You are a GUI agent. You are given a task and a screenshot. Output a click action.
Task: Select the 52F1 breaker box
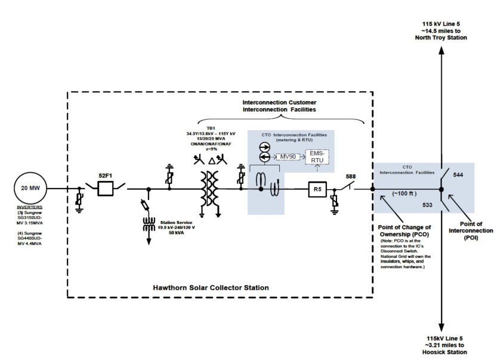coord(105,189)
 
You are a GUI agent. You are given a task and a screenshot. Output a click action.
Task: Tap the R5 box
coord(317,189)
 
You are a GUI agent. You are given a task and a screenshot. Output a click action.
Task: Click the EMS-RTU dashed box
coord(317,157)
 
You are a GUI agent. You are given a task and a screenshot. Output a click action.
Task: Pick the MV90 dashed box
coord(288,156)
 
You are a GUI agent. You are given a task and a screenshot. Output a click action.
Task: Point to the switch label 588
coord(351,176)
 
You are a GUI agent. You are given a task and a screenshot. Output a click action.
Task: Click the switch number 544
coord(458,175)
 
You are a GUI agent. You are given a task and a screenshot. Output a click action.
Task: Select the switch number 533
coord(427,205)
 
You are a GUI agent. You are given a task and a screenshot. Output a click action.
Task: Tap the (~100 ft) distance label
coord(405,193)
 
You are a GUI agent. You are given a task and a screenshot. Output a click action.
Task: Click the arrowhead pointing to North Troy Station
coord(442,50)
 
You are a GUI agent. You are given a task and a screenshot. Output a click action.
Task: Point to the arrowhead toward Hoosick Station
coord(442,328)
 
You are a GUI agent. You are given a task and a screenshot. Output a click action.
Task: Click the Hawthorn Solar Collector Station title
coord(211,288)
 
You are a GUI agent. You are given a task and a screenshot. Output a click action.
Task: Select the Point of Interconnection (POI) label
coord(471,230)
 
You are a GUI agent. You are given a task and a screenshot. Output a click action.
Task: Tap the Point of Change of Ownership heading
coord(405,231)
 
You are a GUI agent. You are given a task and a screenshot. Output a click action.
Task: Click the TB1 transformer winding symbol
coord(209,189)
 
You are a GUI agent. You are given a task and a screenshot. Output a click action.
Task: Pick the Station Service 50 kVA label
coord(176,227)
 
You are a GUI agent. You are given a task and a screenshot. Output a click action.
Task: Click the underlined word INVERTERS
coord(29,207)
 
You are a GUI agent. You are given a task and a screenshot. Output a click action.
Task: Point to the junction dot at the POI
coord(442,189)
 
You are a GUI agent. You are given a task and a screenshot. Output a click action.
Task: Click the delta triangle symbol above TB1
coord(212,161)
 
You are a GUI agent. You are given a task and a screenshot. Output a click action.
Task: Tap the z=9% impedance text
coord(211,149)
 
